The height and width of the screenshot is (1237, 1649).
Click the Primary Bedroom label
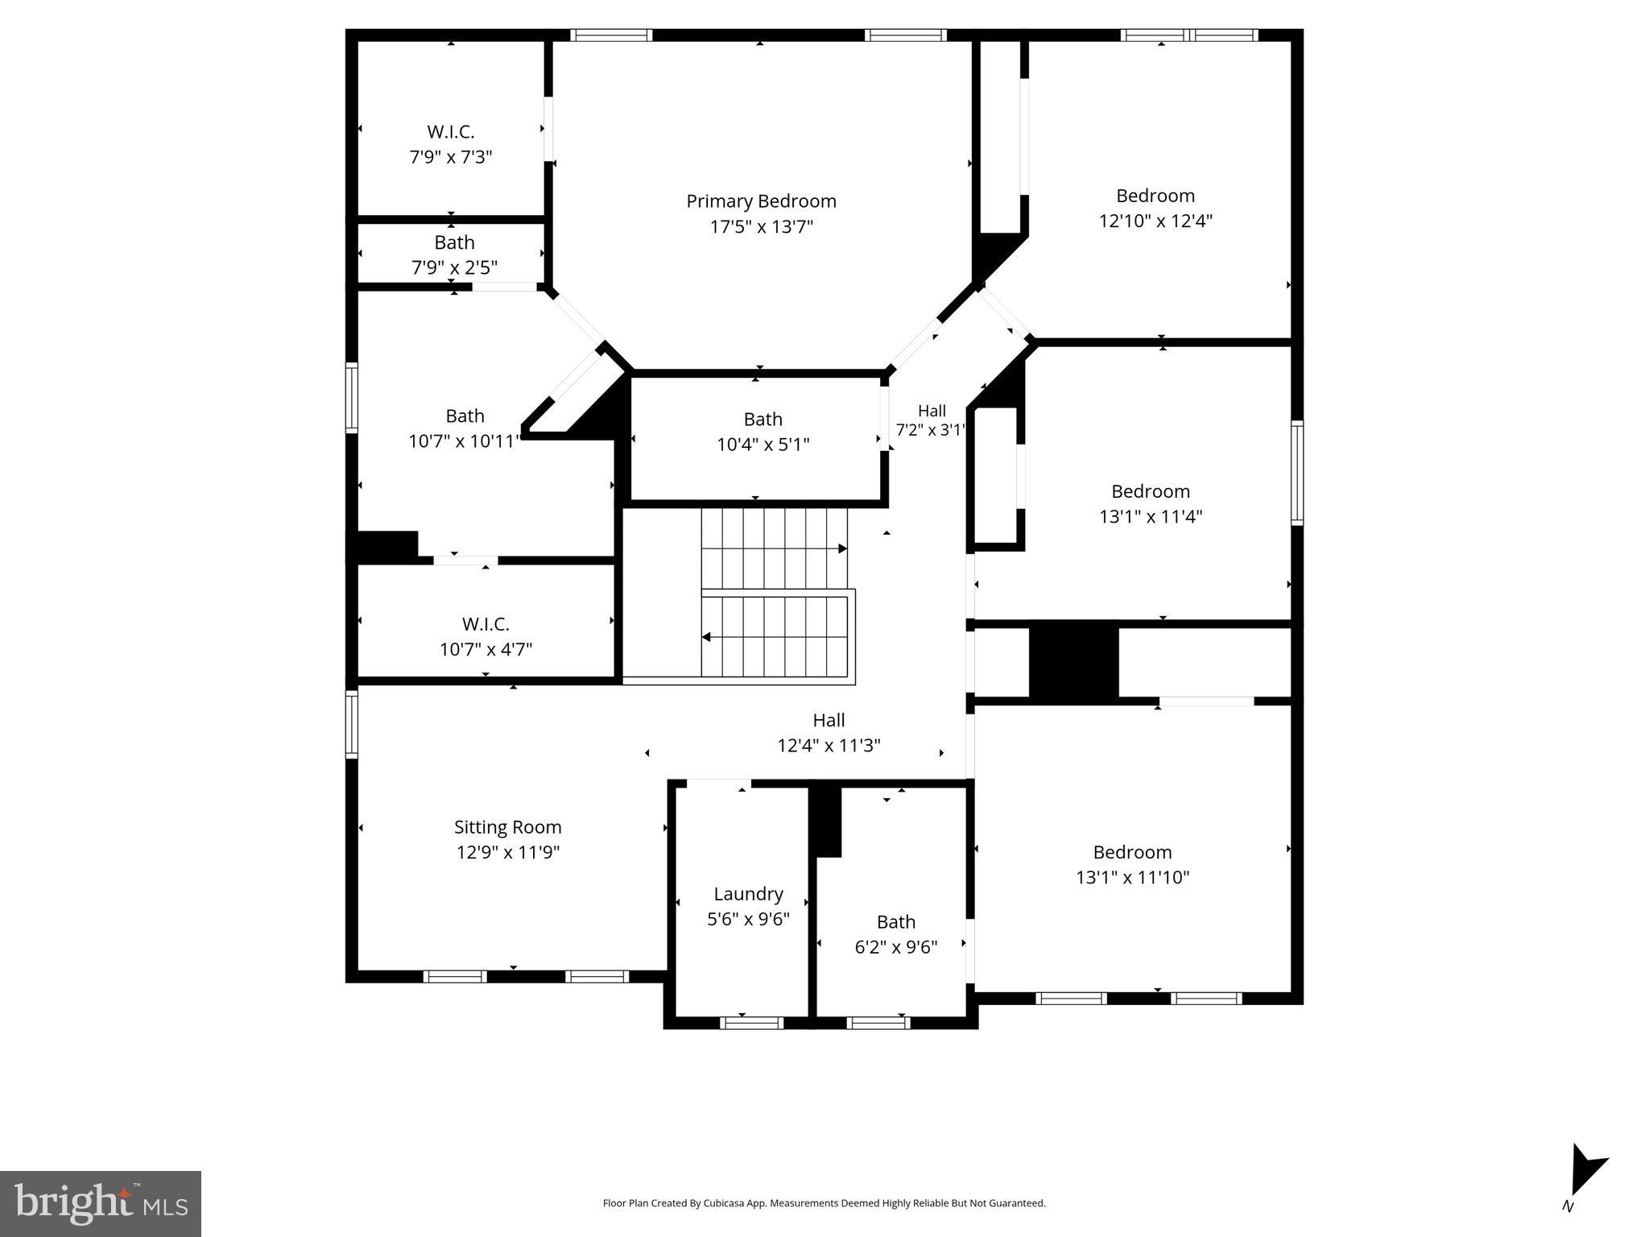[x=761, y=201]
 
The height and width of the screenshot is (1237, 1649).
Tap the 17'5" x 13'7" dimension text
[x=761, y=227]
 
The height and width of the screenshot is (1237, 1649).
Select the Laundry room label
[x=748, y=894]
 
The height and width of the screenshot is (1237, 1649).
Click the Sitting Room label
[x=507, y=827]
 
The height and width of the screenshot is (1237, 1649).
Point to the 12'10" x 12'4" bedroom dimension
[x=1155, y=221]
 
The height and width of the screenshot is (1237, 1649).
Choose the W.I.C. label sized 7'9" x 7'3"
[x=450, y=132]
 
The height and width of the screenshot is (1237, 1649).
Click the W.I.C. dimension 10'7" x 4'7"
[x=486, y=649]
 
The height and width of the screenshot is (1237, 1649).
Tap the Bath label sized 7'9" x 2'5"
[x=454, y=242]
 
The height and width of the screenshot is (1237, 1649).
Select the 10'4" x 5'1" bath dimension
[x=763, y=445]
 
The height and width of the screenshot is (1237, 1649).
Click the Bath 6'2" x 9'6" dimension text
[x=895, y=947]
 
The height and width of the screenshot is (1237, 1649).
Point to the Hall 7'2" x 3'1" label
[x=932, y=411]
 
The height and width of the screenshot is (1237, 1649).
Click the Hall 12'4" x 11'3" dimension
[x=829, y=746]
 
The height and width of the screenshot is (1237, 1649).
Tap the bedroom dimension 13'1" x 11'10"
[x=1132, y=877]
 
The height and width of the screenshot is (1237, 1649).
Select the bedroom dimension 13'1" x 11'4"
[x=1151, y=516]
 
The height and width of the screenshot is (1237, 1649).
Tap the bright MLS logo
[x=101, y=1203]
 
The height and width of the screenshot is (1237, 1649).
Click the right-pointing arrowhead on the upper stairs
[x=842, y=548]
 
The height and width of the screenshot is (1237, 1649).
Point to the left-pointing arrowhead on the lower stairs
[x=706, y=637]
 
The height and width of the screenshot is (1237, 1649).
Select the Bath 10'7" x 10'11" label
[x=465, y=416]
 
